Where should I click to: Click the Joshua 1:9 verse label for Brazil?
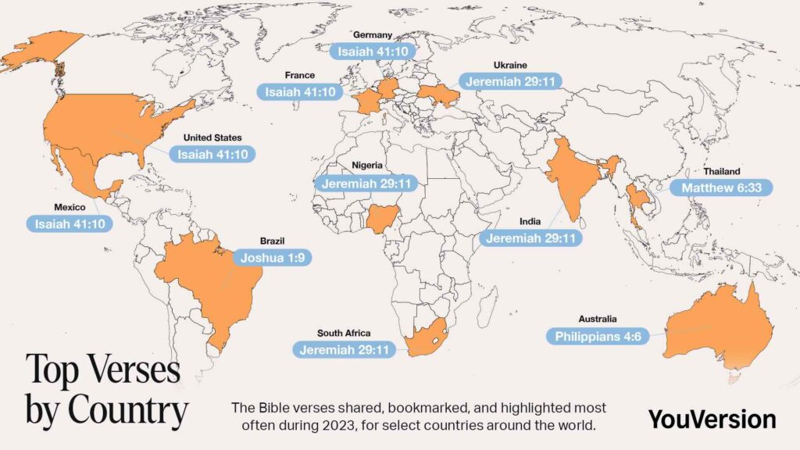coord(273,257)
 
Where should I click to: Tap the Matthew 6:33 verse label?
coord(726,187)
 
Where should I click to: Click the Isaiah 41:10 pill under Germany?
coord(373,52)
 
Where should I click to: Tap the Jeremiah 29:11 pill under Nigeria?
coord(366,184)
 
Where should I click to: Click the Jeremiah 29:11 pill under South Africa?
coord(344,349)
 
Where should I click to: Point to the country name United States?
coord(212,137)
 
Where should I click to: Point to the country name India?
coord(531,222)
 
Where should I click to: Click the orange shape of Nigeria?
coord(382,220)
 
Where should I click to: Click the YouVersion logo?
coord(712,418)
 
